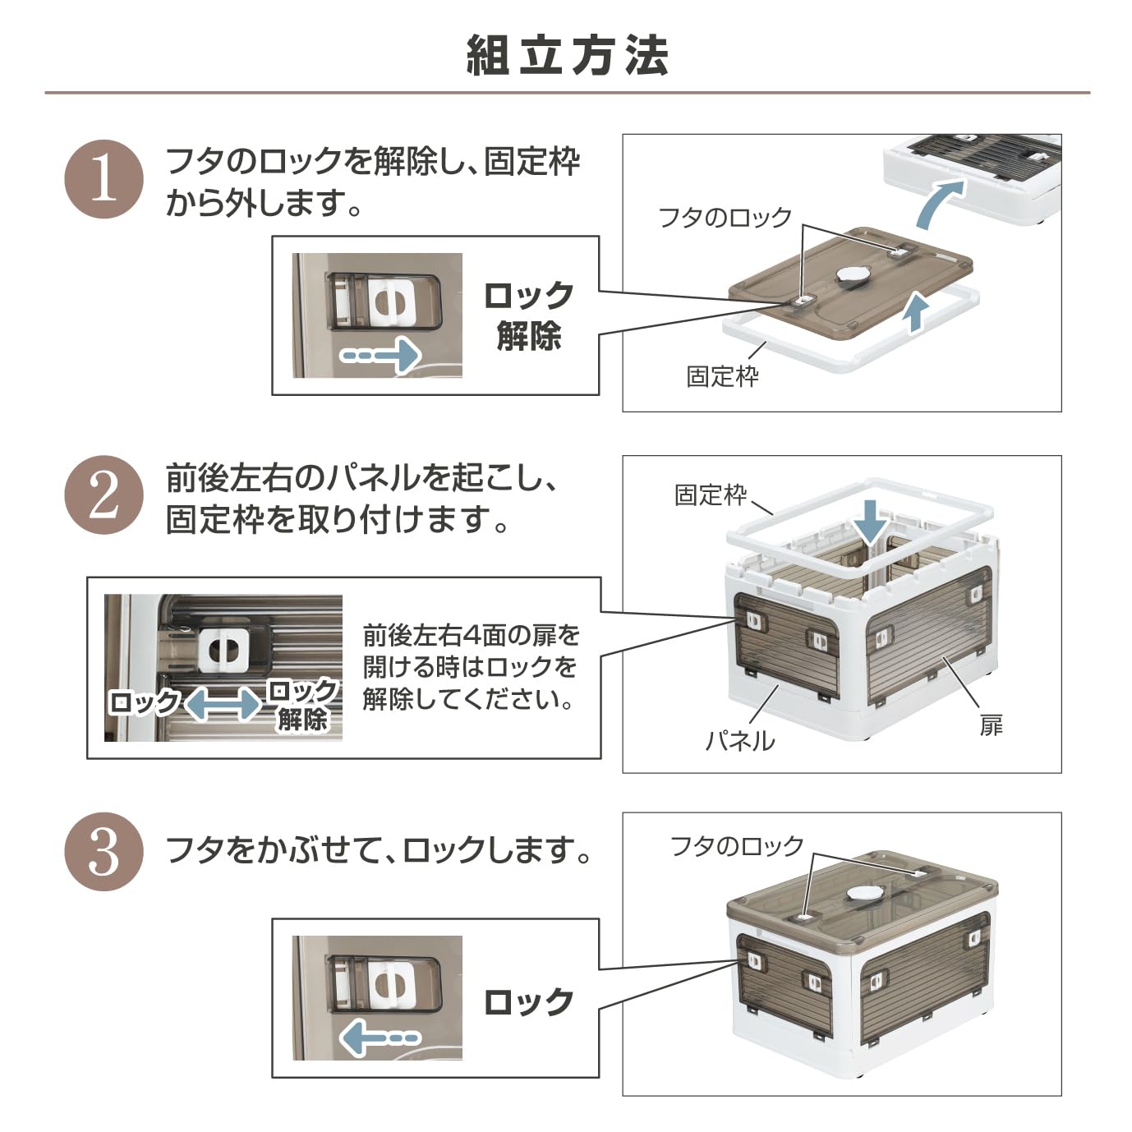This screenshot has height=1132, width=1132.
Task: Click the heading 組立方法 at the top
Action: pos(567,56)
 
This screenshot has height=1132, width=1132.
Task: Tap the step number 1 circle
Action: pos(104,179)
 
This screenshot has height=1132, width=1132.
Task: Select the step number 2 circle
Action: pos(104,495)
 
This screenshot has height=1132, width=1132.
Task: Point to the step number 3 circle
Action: pos(104,852)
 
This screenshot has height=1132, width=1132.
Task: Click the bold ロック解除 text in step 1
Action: pos(528,315)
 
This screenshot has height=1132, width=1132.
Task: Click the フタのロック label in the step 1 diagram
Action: pos(725,218)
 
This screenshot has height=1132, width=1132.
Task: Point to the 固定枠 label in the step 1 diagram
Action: pos(722,376)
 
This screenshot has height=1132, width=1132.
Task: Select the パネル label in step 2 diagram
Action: pos(739,741)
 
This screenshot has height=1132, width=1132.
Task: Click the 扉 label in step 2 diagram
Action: pos(991,725)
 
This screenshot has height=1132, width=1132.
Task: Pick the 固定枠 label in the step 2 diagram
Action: pos(711,495)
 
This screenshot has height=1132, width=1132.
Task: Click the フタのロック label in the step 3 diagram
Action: pos(736,846)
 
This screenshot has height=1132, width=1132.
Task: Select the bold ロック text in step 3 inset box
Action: pos(528,1002)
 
